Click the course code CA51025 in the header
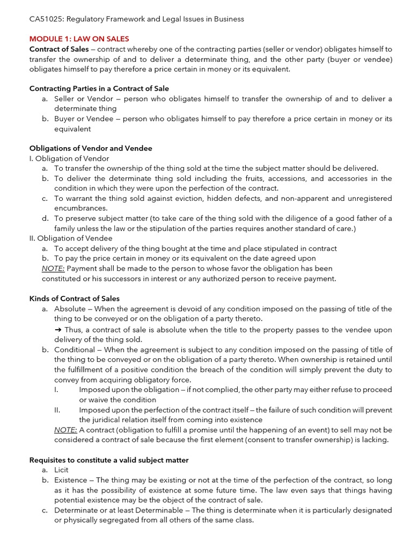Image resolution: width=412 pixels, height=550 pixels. coord(47,19)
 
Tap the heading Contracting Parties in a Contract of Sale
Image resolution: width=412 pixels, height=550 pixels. coord(99,89)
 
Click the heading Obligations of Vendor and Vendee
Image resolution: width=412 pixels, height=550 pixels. coord(91,148)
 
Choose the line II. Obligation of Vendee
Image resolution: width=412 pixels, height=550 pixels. coord(71,238)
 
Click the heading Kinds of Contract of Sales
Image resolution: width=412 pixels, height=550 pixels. coord(74,298)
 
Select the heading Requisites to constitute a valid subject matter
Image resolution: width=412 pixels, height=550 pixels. coord(109,460)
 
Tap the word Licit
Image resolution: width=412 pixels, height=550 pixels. coord(62,470)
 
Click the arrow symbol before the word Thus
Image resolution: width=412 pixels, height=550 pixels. coord(58,329)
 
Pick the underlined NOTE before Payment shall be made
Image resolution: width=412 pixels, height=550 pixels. coord(53,268)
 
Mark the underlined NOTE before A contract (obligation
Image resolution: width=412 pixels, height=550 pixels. coord(65,430)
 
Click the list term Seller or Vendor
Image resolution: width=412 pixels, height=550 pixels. coord(84,99)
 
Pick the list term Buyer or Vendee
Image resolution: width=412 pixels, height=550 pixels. coord(84,119)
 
